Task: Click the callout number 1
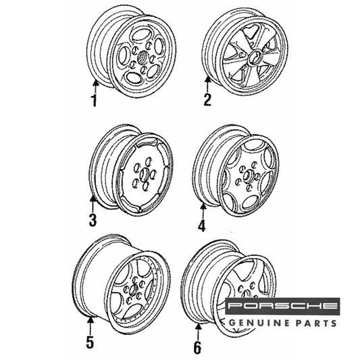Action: pyautogui.click(x=95, y=101)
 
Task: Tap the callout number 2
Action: pyautogui.click(x=207, y=100)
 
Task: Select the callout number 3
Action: pyautogui.click(x=93, y=220)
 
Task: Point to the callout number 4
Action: pyautogui.click(x=202, y=225)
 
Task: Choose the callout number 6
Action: pyautogui.click(x=197, y=347)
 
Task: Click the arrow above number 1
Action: pyautogui.click(x=96, y=86)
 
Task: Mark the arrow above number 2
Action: pyautogui.click(x=207, y=84)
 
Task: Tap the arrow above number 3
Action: pyautogui.click(x=93, y=205)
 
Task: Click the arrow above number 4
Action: pyautogui.click(x=203, y=211)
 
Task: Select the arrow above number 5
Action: pyautogui.click(x=91, y=326)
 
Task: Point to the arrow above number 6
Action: pyautogui.click(x=198, y=332)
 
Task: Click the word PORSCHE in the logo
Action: pyautogui.click(x=282, y=305)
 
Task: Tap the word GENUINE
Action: pyautogui.click(x=259, y=323)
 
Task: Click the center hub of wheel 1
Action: pyautogui.click(x=143, y=57)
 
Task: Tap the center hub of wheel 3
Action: pyautogui.click(x=145, y=174)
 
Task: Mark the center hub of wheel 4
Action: pyautogui.click(x=248, y=176)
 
